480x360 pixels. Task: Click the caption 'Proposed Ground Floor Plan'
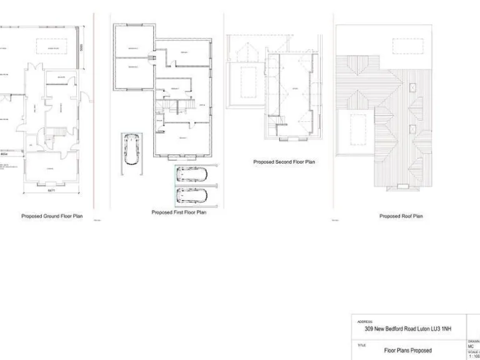click(x=52, y=216)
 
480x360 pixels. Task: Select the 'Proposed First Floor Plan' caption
click(x=179, y=212)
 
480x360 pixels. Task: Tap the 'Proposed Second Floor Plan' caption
click(x=284, y=162)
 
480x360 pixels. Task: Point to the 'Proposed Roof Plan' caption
click(x=401, y=216)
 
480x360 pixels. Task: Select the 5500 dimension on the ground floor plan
click(x=81, y=48)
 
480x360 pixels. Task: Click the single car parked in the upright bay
click(x=132, y=149)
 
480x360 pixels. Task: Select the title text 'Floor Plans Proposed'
click(x=407, y=351)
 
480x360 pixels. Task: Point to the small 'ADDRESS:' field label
click(x=365, y=321)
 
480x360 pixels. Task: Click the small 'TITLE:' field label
click(x=362, y=344)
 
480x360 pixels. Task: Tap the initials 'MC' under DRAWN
click(x=471, y=346)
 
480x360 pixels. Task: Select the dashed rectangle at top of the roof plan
click(x=407, y=46)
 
